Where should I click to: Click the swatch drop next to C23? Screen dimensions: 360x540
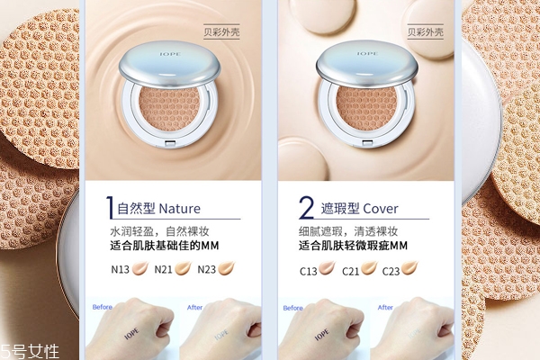pyautogui.click(x=412, y=267)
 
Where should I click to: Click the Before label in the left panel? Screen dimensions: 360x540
pyautogui.click(x=102, y=307)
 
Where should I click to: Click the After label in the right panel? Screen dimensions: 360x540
pyautogui.click(x=385, y=307)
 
